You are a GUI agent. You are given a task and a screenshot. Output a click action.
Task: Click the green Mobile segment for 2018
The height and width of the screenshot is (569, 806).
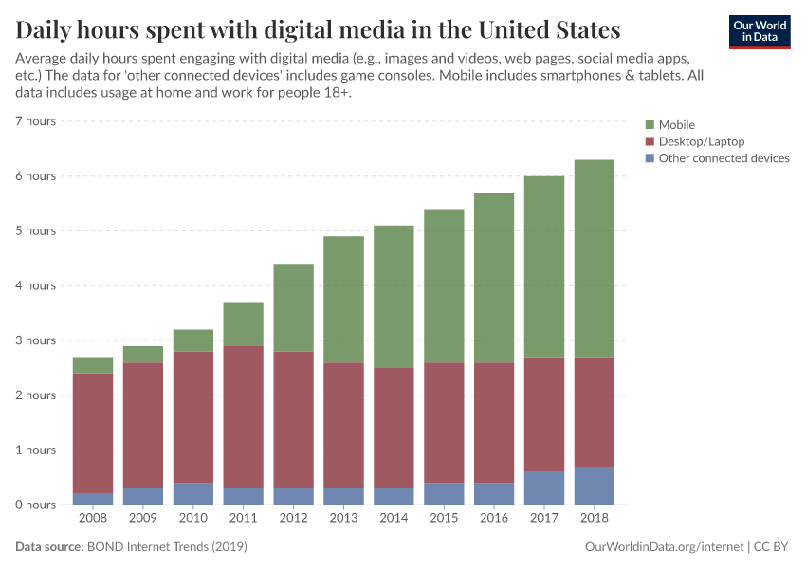coord(595,258)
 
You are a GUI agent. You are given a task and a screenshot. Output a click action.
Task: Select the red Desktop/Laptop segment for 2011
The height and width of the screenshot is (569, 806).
coord(244,417)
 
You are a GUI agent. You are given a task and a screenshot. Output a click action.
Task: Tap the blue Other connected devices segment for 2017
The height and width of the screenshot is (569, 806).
coord(544,487)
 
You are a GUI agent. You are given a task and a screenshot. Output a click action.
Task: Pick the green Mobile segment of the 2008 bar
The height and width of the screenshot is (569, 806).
coord(93,365)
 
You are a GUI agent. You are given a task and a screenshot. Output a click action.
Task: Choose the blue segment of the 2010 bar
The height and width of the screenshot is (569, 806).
coord(193,493)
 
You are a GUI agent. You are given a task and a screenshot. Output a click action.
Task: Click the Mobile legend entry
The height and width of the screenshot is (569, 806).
coord(676,125)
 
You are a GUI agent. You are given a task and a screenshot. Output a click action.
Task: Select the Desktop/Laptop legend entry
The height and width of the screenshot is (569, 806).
coord(701,141)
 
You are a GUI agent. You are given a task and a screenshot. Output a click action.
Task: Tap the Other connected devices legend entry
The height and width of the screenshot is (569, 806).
coord(723,158)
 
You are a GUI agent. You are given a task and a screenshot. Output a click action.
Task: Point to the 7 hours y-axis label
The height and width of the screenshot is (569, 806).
coord(36,121)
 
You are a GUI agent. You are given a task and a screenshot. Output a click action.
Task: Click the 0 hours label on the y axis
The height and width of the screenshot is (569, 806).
coord(36,505)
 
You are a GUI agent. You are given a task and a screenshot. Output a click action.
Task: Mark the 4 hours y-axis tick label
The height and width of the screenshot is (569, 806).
coord(36,285)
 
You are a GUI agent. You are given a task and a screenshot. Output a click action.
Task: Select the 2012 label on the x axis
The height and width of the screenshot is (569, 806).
coord(294,519)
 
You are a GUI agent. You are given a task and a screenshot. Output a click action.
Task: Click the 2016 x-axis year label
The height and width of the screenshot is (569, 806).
coord(494,519)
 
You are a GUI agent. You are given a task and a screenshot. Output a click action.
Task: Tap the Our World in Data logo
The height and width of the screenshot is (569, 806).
coord(759,31)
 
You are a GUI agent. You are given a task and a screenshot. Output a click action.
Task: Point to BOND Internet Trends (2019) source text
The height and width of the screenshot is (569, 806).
coord(167,547)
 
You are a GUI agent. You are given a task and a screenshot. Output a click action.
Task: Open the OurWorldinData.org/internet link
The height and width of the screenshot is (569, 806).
coord(665,547)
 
